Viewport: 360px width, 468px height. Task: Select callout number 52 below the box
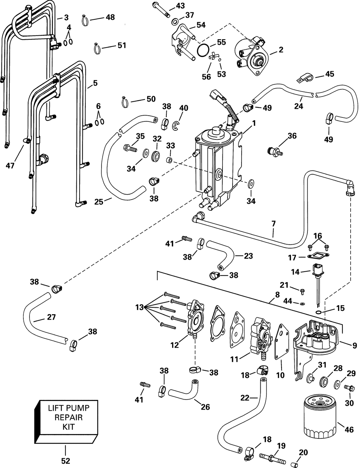[x=65, y=460]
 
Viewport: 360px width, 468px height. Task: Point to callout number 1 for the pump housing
[x=254, y=123]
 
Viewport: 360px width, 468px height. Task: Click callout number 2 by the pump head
[x=281, y=50]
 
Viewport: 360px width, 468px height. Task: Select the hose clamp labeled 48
[x=85, y=19]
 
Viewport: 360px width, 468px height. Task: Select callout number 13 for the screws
[x=140, y=307]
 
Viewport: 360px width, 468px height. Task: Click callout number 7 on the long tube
[x=273, y=224]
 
